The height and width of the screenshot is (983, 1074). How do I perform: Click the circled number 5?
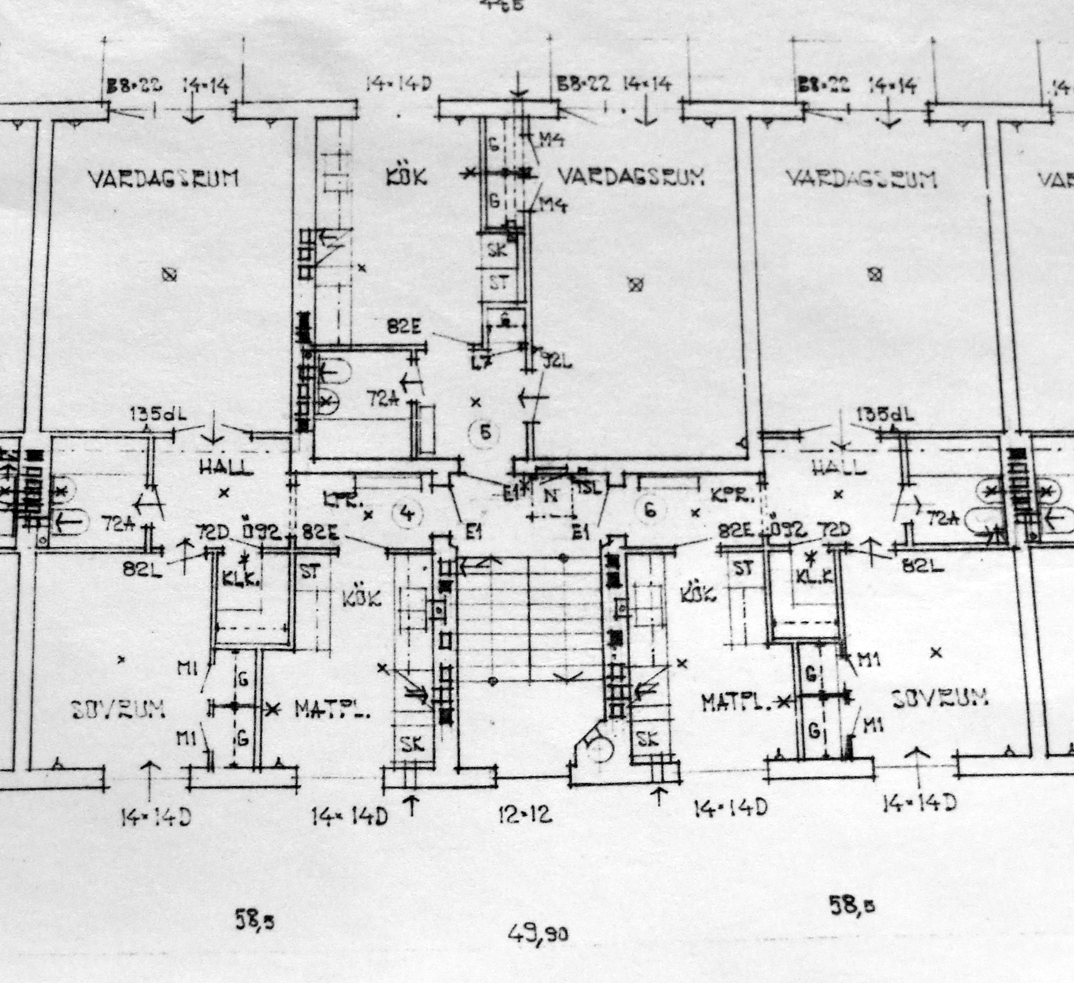[485, 432]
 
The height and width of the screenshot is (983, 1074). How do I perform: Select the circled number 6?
[650, 510]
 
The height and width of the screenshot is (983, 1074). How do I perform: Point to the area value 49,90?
[538, 934]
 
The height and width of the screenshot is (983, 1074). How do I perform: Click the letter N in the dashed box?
[550, 496]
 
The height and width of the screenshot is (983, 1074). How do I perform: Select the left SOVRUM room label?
[119, 710]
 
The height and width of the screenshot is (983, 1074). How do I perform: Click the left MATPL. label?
[332, 710]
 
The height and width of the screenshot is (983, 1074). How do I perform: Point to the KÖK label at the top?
[406, 177]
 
